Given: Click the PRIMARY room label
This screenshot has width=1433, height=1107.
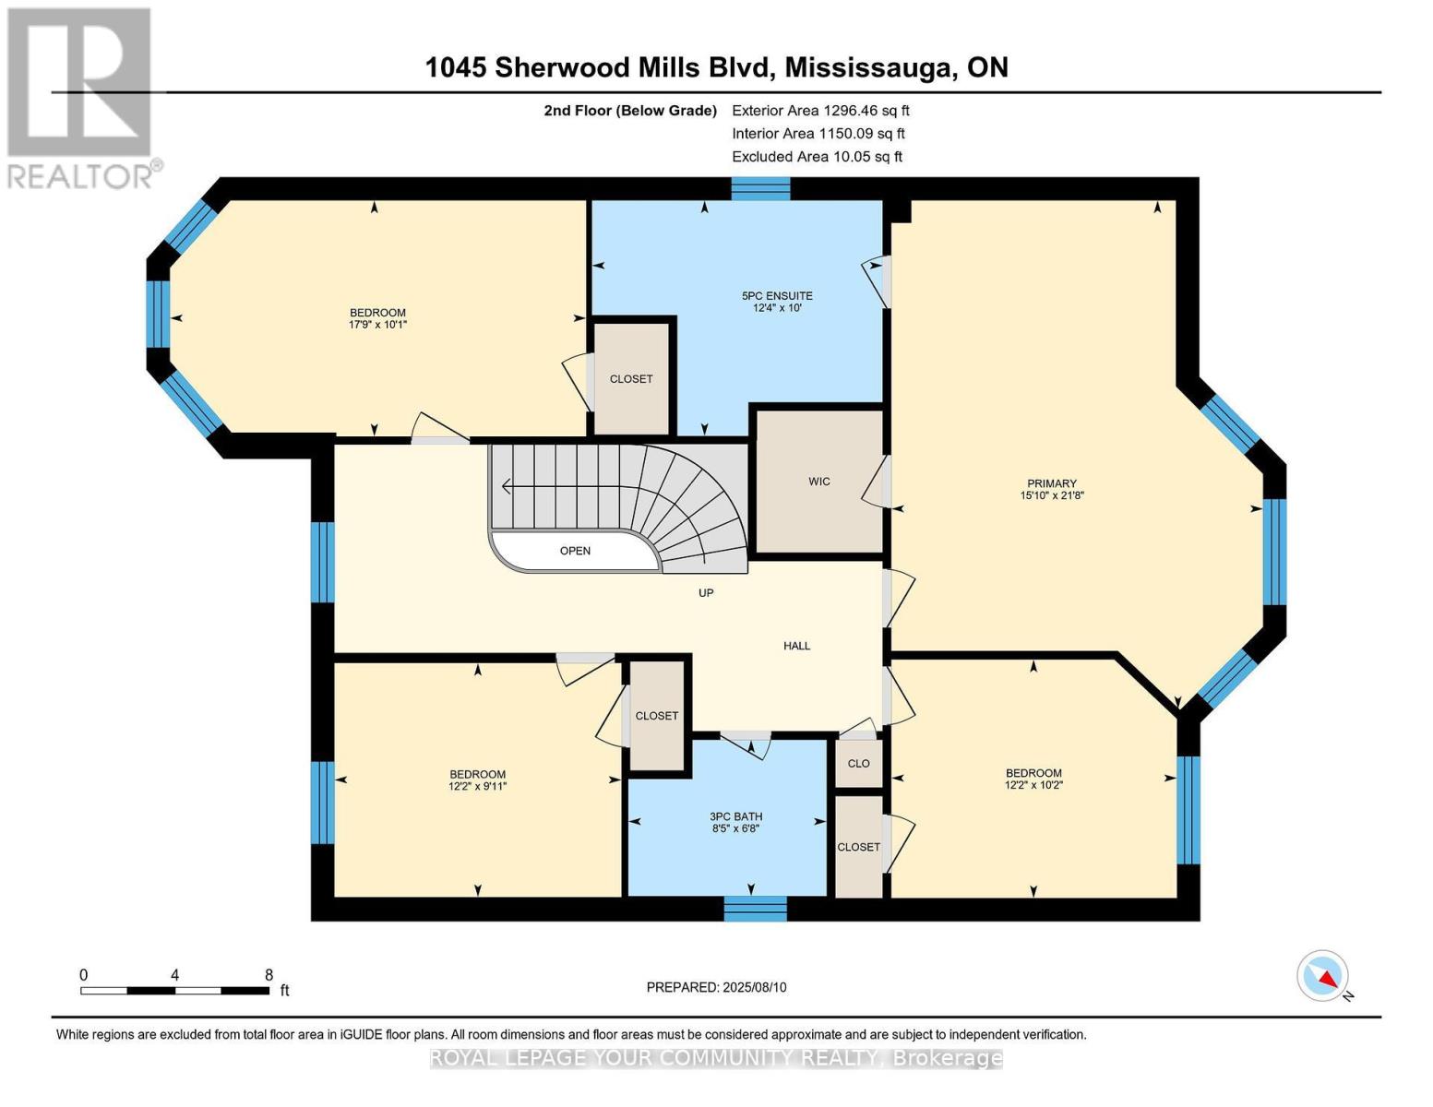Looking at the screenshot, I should (1051, 483).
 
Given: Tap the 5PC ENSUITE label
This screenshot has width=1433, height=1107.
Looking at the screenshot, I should (777, 296).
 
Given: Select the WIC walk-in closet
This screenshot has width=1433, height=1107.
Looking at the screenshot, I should (818, 482).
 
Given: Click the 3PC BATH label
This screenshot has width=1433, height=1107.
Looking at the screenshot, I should (735, 816).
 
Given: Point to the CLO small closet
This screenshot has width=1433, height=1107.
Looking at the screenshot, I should (858, 764).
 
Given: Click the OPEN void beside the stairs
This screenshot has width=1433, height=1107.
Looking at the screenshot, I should (575, 551).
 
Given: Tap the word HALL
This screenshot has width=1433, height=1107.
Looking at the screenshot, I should (796, 646).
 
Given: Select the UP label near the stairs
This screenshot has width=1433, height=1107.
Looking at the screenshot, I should (706, 593).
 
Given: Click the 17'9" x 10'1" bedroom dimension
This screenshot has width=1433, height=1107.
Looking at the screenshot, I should (377, 325).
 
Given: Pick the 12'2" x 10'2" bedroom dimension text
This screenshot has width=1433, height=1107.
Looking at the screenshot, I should (1033, 786).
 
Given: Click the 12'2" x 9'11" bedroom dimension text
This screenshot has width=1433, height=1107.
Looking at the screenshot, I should (477, 787).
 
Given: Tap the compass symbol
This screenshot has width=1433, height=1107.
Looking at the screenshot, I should (1323, 976).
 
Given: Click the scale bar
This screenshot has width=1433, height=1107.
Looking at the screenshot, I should (175, 991).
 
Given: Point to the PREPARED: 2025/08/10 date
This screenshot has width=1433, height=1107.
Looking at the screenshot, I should (716, 987).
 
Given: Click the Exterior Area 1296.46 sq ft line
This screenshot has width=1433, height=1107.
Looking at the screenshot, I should (820, 110).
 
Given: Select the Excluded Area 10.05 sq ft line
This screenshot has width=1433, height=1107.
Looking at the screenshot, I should (817, 157).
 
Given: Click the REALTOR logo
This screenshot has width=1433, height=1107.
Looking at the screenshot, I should (80, 97).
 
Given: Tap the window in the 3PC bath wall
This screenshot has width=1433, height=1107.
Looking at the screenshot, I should (755, 908).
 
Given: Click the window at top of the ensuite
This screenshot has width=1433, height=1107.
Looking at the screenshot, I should (760, 188).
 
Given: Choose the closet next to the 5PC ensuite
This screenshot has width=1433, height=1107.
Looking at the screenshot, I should (631, 378).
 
